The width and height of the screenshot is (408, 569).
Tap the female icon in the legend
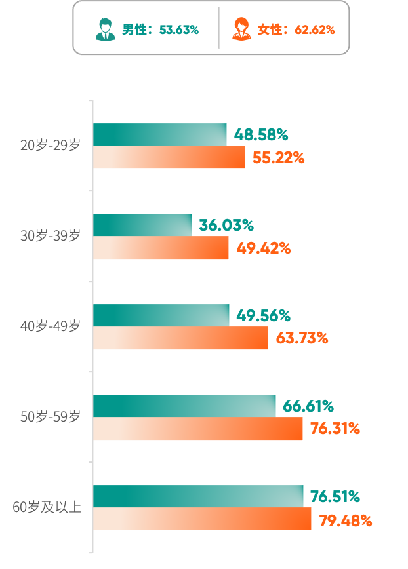tap(241, 29)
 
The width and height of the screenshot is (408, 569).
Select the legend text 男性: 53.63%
tap(159, 30)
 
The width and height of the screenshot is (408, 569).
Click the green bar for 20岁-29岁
tap(159, 134)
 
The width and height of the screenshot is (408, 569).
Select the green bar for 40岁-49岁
tap(161, 315)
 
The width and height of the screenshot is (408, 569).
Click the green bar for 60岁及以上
tap(197, 496)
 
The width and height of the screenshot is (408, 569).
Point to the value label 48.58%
tap(261, 135)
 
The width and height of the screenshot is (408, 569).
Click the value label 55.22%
tap(278, 158)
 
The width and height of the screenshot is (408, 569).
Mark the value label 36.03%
tap(226, 226)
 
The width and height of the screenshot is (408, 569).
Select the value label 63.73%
tap(302, 338)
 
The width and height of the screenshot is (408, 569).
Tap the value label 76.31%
tap(335, 429)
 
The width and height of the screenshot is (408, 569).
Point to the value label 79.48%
tap(345, 521)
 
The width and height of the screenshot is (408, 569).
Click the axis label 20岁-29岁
tap(50, 146)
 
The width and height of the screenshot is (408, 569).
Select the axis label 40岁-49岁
tap(50, 326)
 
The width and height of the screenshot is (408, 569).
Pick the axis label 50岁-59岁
tap(50, 416)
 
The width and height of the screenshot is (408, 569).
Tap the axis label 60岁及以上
tap(47, 507)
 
